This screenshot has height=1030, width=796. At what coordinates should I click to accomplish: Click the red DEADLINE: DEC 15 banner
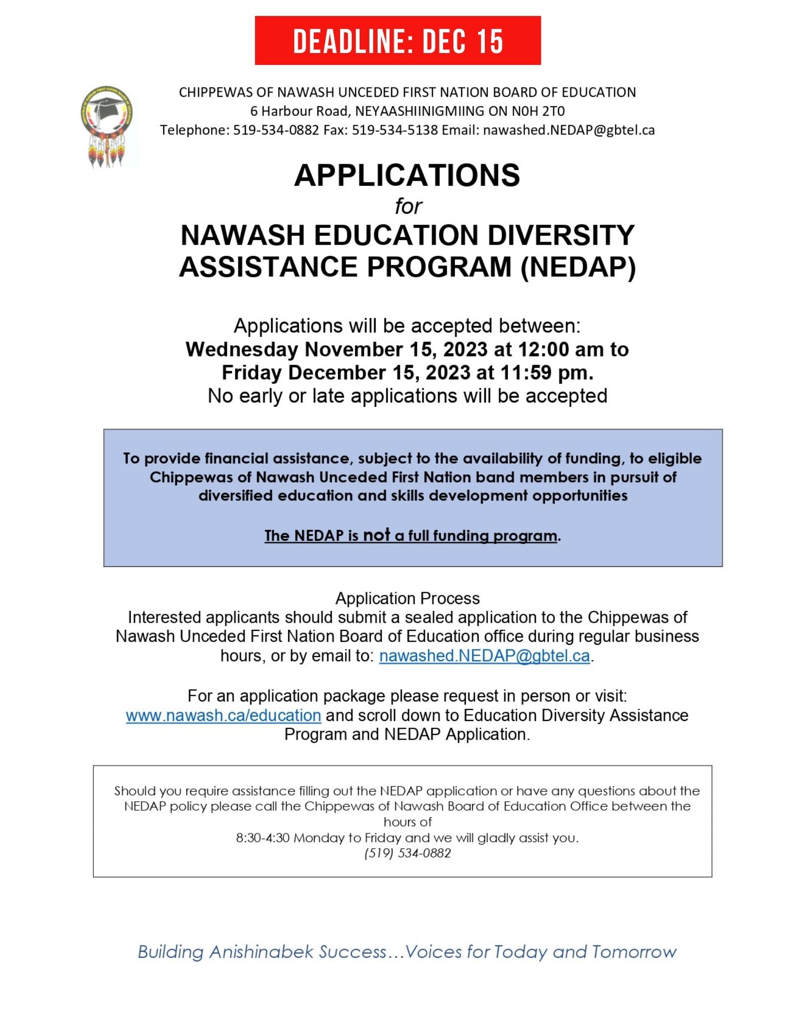398,41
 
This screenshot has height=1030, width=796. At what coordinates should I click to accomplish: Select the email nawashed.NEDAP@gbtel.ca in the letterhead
569,130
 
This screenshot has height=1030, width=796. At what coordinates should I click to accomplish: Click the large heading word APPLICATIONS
407,175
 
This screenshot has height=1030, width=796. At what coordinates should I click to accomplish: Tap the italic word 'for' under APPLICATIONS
408,207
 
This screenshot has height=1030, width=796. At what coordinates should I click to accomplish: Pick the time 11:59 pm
546,373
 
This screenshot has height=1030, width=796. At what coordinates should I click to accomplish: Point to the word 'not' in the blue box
376,535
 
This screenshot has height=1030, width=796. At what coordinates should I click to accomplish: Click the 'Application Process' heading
408,598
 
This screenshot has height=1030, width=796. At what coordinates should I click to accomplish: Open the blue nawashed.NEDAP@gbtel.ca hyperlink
484,656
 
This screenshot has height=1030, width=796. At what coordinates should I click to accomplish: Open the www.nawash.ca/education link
224,715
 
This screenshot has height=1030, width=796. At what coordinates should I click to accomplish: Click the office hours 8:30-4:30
262,838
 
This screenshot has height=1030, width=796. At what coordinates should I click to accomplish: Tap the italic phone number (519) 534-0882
408,853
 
